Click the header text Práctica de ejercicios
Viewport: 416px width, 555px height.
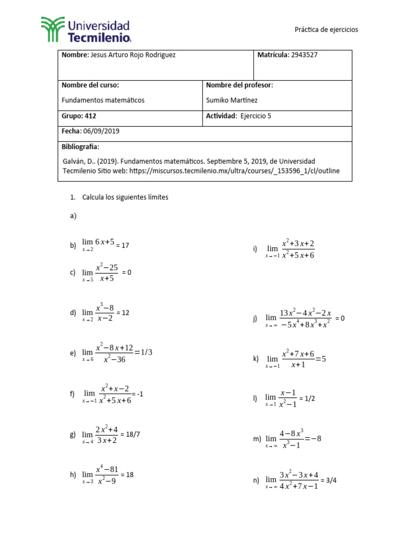click(x=326, y=30)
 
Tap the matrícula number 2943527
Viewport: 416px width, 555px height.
click(x=308, y=55)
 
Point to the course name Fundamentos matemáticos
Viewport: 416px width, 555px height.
click(x=103, y=100)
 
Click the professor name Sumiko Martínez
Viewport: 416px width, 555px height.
click(x=232, y=100)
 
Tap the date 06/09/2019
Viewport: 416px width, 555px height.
click(x=101, y=131)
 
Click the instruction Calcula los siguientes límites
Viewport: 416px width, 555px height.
click(x=125, y=197)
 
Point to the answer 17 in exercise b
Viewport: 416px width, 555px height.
click(x=125, y=246)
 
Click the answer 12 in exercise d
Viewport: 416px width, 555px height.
click(x=126, y=313)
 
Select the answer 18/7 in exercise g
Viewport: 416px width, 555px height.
click(x=130, y=435)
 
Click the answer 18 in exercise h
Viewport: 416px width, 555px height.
click(x=129, y=474)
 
